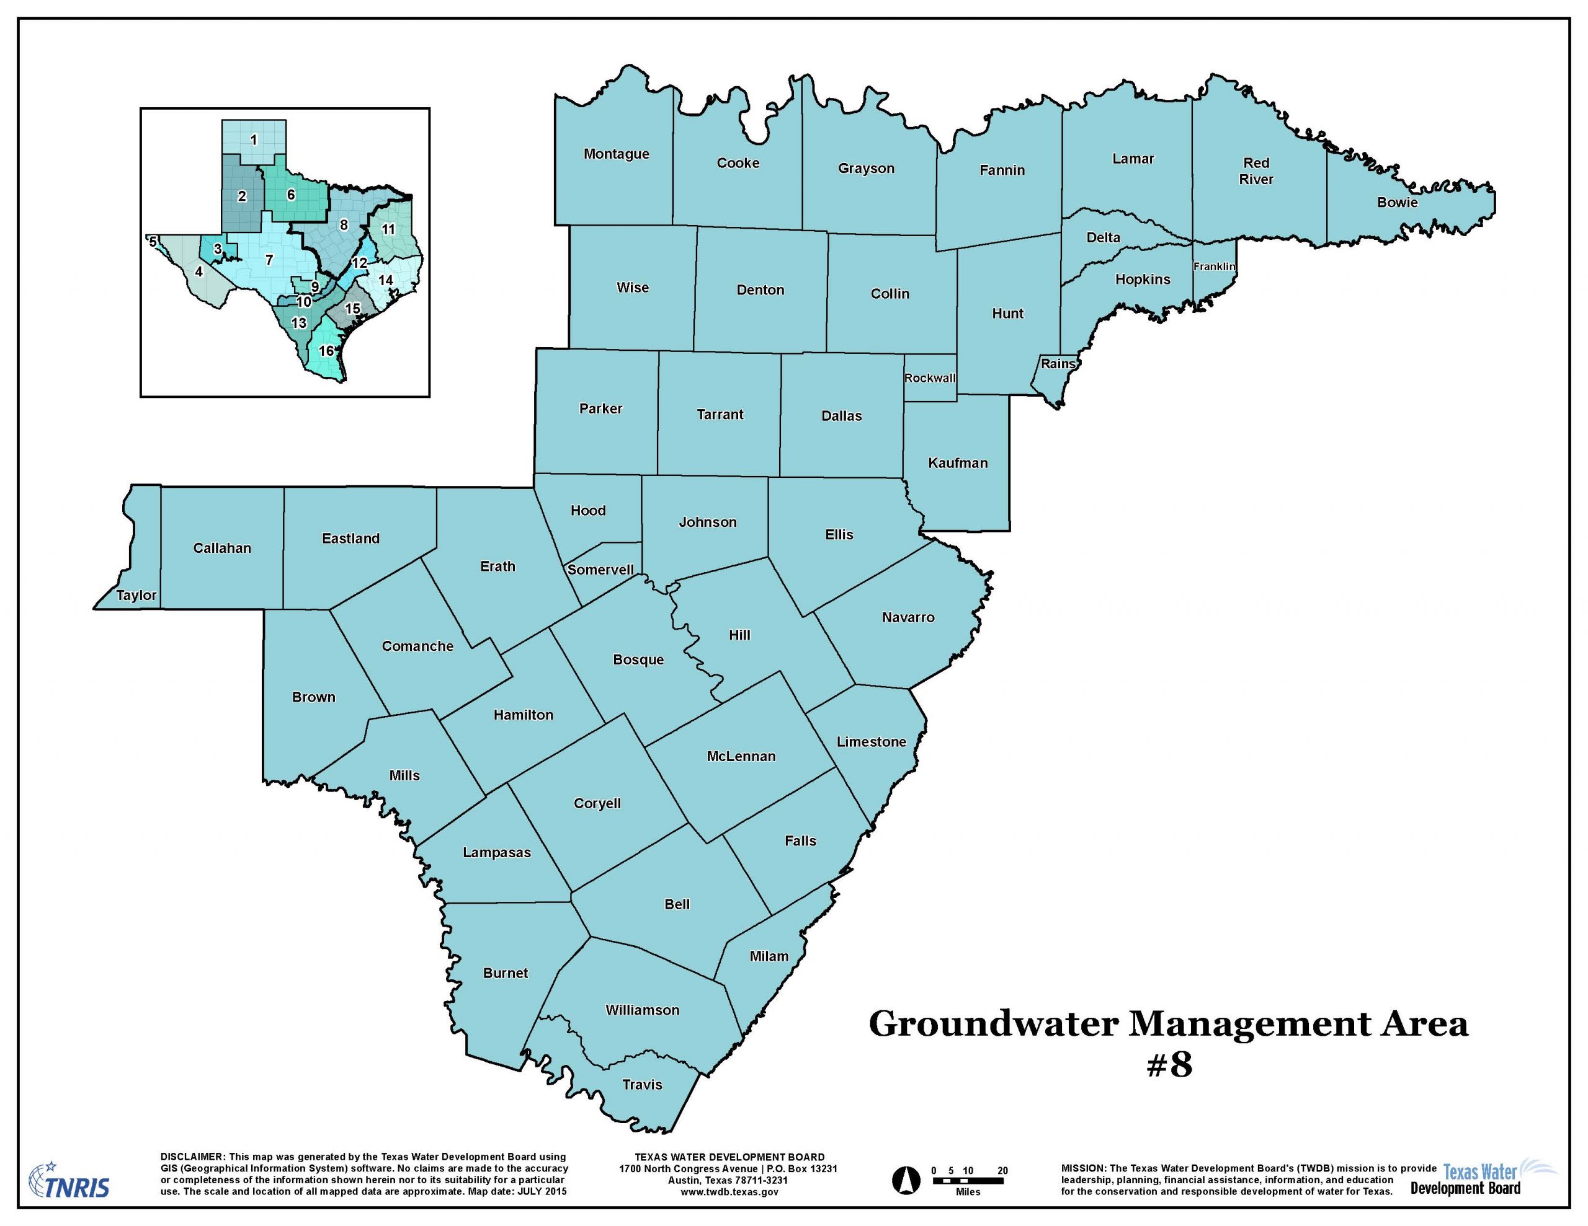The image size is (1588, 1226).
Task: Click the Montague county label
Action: [616, 154]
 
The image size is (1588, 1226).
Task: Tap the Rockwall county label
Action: [929, 378]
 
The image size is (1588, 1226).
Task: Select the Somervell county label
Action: [600, 570]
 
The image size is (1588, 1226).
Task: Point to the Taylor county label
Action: [136, 595]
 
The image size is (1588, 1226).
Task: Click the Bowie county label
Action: [1397, 202]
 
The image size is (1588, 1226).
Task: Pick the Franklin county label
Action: [1213, 267]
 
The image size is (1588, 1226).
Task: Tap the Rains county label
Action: [1057, 363]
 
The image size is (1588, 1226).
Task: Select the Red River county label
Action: [1256, 171]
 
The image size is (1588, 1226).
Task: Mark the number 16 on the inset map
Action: [326, 351]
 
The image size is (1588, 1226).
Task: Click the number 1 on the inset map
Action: [254, 139]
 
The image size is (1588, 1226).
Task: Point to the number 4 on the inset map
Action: [198, 273]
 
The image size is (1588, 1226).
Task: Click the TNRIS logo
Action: [71, 1181]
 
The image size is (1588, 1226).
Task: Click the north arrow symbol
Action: [906, 1180]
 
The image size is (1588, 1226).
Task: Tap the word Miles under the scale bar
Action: [968, 1192]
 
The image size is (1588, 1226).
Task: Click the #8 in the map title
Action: [1169, 1065]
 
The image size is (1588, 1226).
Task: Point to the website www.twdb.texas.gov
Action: [729, 1192]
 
